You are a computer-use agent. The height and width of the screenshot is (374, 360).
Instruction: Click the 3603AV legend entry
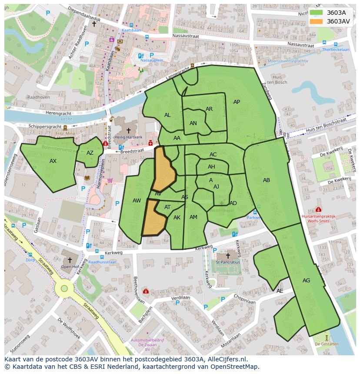coord(338,21)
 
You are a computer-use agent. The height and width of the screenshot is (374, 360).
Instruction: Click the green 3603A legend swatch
coord(316,13)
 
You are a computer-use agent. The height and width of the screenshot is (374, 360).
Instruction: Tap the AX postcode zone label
coord(53,161)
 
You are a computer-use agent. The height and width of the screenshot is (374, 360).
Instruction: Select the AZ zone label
coord(90,153)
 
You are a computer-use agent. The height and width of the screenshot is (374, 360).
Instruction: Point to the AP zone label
coord(237,102)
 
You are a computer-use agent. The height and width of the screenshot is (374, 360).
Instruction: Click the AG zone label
coord(306,281)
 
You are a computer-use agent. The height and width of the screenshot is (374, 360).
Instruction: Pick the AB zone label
coord(267,180)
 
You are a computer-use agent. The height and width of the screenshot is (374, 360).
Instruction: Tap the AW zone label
coord(137,201)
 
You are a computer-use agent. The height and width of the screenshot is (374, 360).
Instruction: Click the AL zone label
coord(167,115)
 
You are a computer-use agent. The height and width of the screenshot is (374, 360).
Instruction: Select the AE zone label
coord(280,291)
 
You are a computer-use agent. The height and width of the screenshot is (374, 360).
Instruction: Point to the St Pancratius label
coord(228,262)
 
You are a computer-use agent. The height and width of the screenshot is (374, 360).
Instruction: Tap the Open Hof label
coord(69,267)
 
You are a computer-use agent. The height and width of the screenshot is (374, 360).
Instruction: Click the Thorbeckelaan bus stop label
coord(336,50)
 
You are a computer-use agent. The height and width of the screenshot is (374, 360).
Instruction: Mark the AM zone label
coord(193,217)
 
